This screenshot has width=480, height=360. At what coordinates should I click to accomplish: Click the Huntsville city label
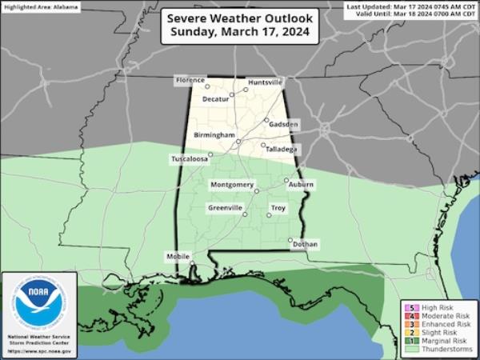(x=266, y=82)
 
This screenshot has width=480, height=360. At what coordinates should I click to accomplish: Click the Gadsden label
(x=284, y=125)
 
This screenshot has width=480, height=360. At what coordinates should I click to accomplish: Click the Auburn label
(x=302, y=185)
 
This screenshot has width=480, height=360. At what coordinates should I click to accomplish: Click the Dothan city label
(x=305, y=243)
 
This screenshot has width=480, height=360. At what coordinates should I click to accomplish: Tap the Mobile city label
(x=177, y=257)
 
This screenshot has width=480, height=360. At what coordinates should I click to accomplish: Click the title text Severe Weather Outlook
(x=240, y=19)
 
